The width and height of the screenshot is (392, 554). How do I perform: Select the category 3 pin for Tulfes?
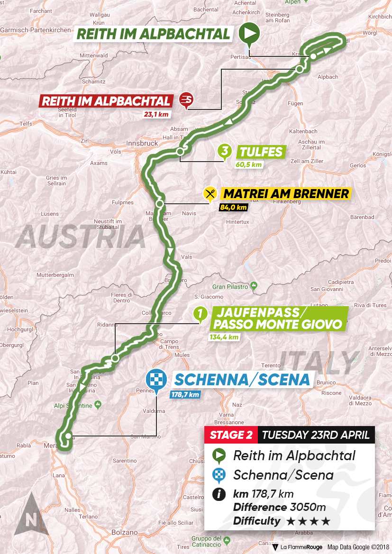[224, 152]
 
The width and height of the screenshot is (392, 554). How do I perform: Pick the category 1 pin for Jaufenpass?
[201, 314]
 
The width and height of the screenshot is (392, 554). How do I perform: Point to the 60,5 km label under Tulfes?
[248, 165]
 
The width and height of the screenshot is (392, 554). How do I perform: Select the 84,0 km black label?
[233, 207]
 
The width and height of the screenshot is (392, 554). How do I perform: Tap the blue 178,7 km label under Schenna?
[184, 394]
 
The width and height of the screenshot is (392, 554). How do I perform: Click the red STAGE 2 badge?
[231, 435]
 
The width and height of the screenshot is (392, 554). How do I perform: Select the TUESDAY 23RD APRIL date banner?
[315, 435]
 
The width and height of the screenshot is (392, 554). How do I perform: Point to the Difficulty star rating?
[309, 521]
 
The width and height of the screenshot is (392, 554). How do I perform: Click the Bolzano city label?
[125, 532]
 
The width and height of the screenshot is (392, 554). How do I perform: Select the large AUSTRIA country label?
[81, 237]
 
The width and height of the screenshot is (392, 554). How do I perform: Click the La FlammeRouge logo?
[298, 547]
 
